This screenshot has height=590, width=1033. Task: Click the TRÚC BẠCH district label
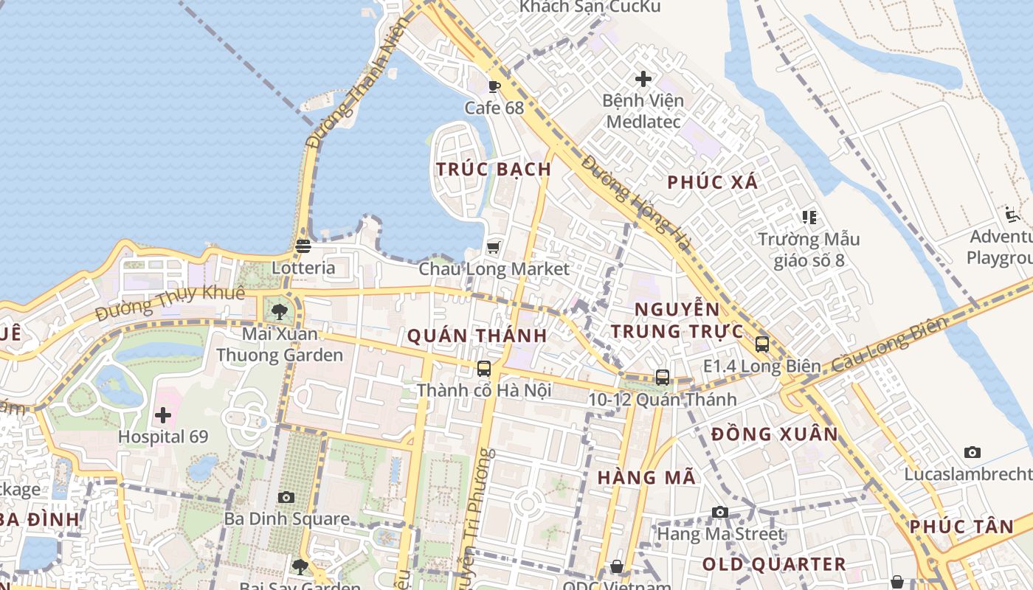(x=494, y=169)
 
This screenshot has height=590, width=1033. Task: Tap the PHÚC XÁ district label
(x=713, y=182)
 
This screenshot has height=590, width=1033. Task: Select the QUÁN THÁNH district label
(x=477, y=336)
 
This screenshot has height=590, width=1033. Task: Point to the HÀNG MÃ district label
(x=646, y=477)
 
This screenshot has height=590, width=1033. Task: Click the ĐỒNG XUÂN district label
(x=775, y=434)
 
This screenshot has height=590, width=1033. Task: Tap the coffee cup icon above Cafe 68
(x=494, y=86)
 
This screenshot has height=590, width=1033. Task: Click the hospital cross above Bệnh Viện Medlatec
(x=643, y=78)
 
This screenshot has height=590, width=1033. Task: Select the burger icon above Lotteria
(x=303, y=246)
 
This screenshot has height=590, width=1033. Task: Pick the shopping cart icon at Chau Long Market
(x=494, y=247)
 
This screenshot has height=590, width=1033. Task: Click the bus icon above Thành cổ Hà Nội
(x=484, y=368)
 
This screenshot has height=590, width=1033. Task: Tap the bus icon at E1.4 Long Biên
(x=762, y=344)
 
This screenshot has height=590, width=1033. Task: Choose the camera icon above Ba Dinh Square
(x=286, y=497)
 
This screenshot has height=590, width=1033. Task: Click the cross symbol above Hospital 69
(x=163, y=415)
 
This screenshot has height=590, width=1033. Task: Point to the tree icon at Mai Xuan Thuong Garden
(x=279, y=312)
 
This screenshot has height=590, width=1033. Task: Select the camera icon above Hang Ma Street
(x=720, y=512)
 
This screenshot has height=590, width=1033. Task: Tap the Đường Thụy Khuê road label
(x=170, y=303)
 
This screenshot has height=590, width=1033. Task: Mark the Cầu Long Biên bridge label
(x=890, y=346)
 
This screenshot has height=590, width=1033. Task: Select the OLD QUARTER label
(x=774, y=565)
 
